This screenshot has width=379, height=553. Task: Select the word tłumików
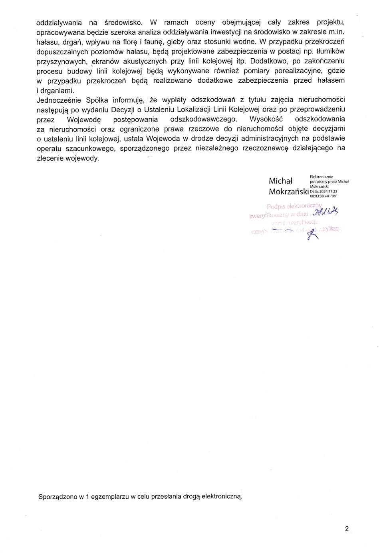[330, 51]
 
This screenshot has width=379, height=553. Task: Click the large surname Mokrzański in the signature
[289, 192]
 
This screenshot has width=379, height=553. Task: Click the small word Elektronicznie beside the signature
[321, 177]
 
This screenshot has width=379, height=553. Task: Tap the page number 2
[347, 529]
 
